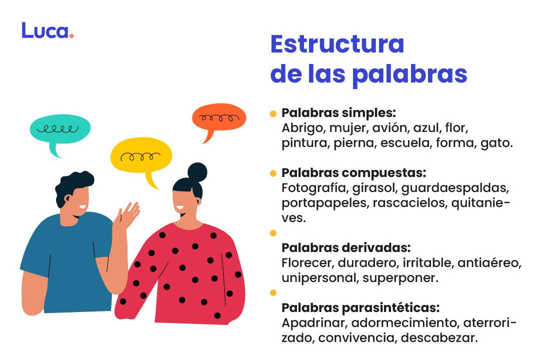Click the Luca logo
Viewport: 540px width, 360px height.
tap(47, 30)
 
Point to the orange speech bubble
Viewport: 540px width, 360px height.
tap(218, 119)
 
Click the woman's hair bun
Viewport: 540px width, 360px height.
tap(197, 172)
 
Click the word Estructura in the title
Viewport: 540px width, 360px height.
tap(337, 44)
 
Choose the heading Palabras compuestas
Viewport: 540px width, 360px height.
tap(353, 173)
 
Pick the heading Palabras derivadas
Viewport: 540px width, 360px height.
tap(346, 248)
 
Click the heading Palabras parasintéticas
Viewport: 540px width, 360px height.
tap(360, 307)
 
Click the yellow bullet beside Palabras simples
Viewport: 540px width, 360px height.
tap(273, 113)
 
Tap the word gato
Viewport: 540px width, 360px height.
tap(496, 143)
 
